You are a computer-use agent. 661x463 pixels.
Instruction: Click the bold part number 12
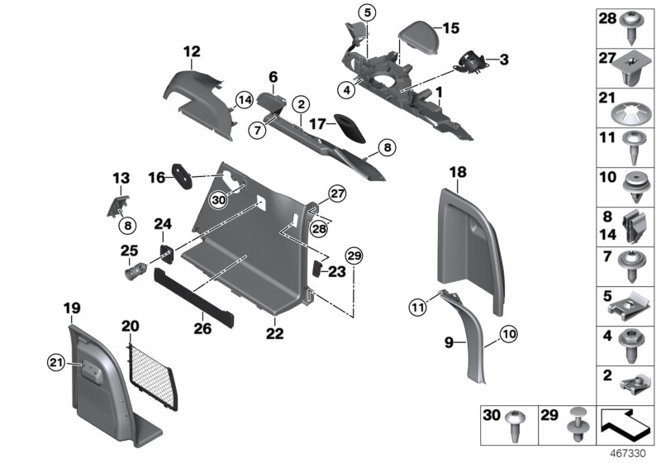click(192, 51)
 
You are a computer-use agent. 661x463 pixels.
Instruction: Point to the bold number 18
click(458, 171)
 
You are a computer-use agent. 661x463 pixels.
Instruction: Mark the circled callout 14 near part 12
click(243, 101)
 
